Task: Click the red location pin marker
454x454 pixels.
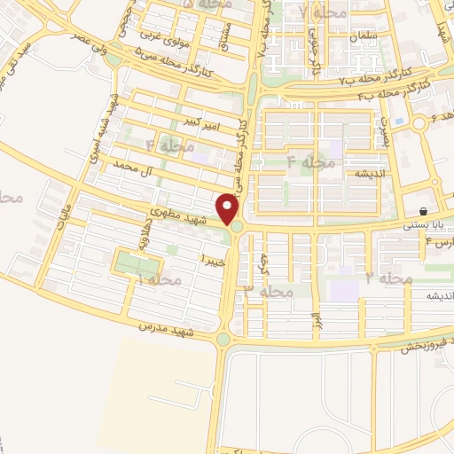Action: click(230, 209)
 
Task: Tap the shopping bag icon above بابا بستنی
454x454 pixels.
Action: click(425, 212)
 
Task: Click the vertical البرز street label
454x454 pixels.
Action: click(314, 323)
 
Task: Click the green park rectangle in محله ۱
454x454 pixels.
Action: click(137, 264)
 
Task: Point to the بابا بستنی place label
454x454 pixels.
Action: click(422, 225)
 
